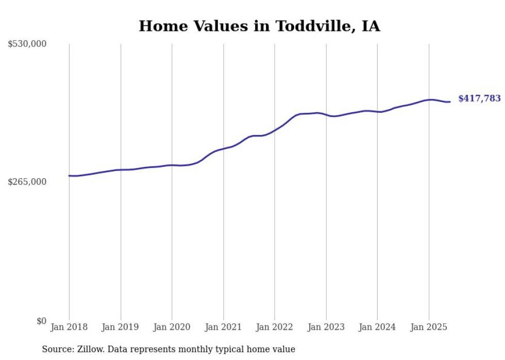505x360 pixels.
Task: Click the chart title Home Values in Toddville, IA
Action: click(259, 26)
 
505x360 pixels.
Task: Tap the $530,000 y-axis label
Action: click(27, 44)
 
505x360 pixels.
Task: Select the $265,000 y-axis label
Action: click(27, 182)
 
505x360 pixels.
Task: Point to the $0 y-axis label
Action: click(41, 321)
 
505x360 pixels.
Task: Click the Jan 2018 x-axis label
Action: click(69, 327)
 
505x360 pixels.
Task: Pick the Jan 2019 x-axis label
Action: click(121, 327)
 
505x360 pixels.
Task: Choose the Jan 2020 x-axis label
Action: click(172, 327)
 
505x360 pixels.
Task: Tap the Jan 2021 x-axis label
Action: click(223, 327)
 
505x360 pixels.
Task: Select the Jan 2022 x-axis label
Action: click(275, 327)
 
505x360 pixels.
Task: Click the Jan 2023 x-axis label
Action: click(326, 327)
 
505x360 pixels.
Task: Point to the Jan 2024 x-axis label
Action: click(377, 327)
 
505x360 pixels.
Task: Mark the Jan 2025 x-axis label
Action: click(429, 327)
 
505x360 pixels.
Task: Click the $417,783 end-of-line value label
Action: click(479, 98)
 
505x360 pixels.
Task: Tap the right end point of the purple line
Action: click(450, 101)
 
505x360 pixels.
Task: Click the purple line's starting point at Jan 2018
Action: click(69, 176)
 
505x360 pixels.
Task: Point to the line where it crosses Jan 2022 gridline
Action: click(275, 130)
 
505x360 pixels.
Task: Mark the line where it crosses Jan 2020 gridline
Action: click(172, 165)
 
